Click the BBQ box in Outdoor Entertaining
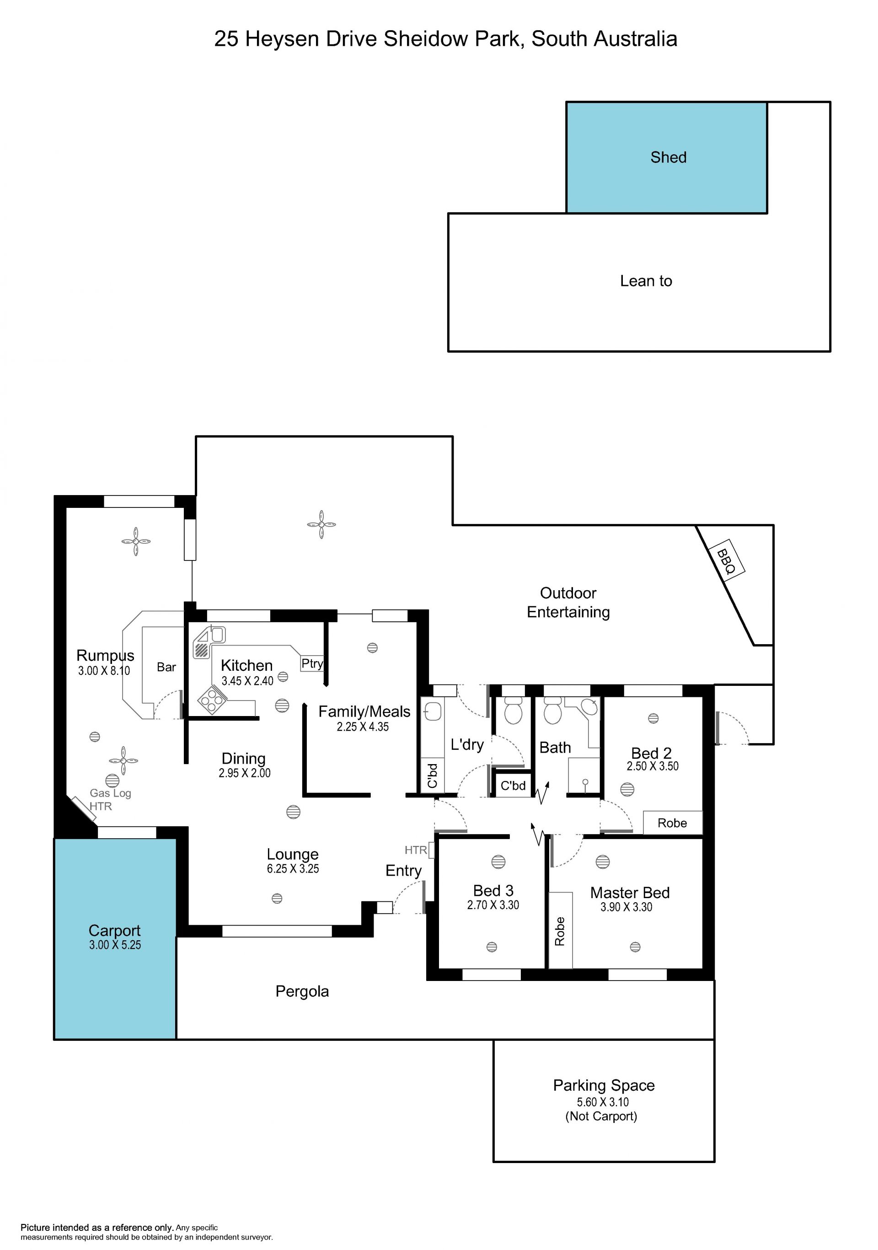coord(726,561)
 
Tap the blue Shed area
coord(667,157)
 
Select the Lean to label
coord(646,281)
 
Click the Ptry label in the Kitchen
coord(312,663)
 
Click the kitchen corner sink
coord(210,642)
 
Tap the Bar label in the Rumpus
coord(166,667)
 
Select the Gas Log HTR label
coord(110,799)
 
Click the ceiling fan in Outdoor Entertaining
coord(321,524)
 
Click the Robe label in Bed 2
coord(672,823)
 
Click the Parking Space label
coord(604,1085)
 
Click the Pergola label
coord(302,991)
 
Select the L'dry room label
coord(467,744)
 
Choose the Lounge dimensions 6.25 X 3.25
coord(293,868)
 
